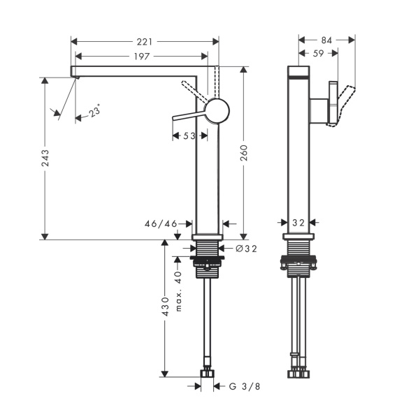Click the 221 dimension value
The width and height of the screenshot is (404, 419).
click(144, 41)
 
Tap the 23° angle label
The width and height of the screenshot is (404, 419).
click(92, 110)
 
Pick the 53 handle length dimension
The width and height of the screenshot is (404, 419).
click(189, 136)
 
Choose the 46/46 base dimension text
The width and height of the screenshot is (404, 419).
click(161, 224)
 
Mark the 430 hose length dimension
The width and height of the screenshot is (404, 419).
click(165, 307)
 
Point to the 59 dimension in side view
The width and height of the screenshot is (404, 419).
click(317, 53)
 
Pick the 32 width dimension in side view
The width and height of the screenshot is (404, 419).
click(298, 223)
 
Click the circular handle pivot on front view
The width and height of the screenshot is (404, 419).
click(216, 110)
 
